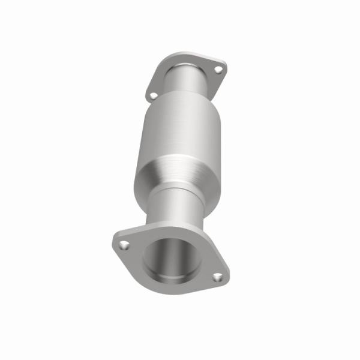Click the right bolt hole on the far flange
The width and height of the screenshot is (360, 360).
pos(218,70)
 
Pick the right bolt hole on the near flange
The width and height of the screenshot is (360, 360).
pos(218,277)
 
